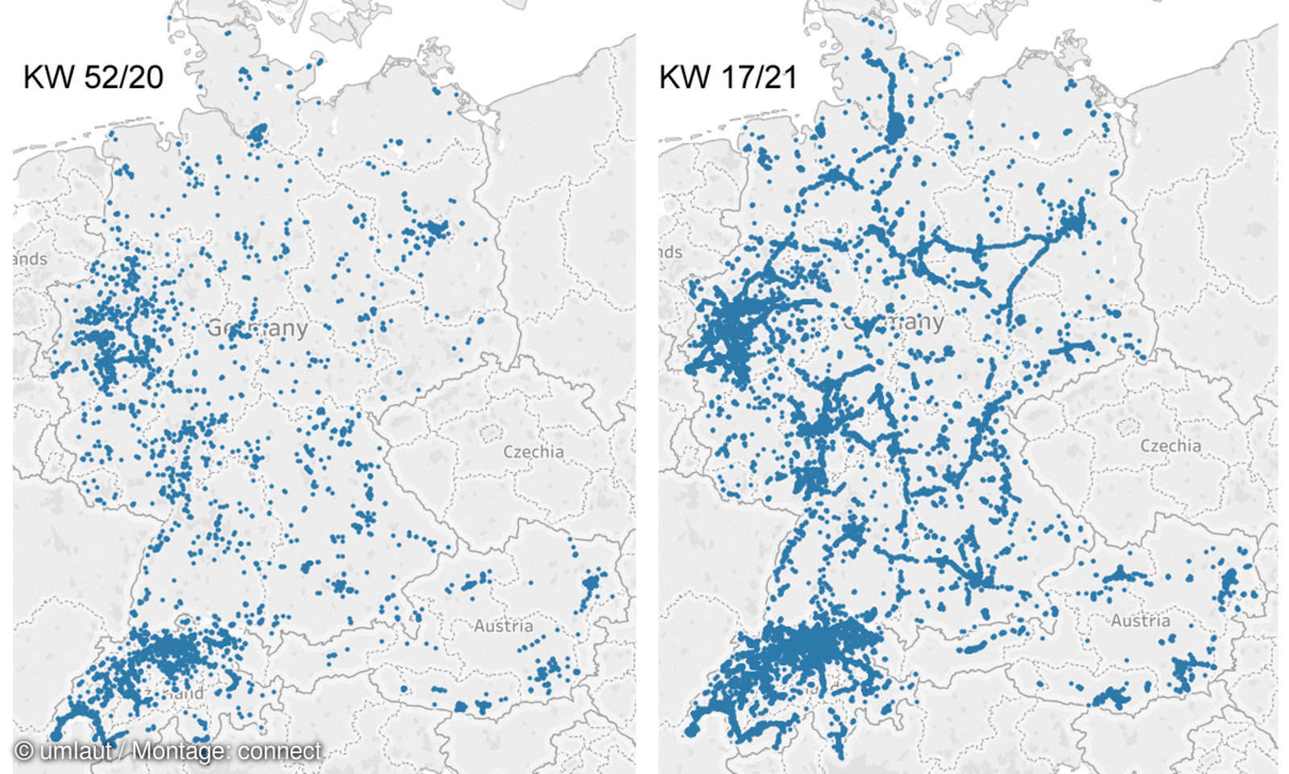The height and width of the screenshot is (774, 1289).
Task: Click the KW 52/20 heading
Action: pyautogui.click(x=93, y=77)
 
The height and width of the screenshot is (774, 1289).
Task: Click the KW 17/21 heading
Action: pyautogui.click(x=728, y=77)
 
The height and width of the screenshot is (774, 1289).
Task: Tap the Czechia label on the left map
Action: pyautogui.click(x=533, y=451)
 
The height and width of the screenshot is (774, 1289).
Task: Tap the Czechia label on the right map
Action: pyautogui.click(x=1170, y=446)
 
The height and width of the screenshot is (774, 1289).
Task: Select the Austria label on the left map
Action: pyautogui.click(x=503, y=626)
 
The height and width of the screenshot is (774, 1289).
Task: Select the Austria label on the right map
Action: pyautogui.click(x=1140, y=621)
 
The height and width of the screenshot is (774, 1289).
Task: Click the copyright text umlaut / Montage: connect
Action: pyautogui.click(x=168, y=751)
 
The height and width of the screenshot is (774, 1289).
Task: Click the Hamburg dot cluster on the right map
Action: pyautogui.click(x=895, y=128)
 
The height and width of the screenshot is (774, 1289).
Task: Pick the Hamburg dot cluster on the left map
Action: pyautogui.click(x=258, y=133)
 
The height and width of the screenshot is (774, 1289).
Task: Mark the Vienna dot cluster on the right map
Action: pyautogui.click(x=1229, y=580)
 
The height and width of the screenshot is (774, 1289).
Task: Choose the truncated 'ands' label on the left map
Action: pyautogui.click(x=30, y=259)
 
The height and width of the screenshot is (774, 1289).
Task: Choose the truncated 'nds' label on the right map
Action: pyautogui.click(x=670, y=252)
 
